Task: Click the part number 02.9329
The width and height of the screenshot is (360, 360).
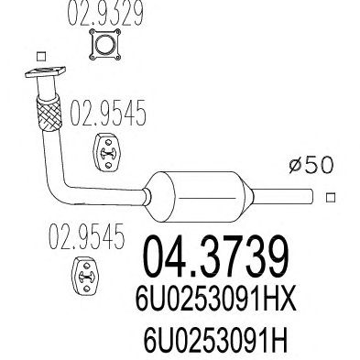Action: (105, 13)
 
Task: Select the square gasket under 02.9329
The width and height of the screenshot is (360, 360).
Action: (105, 45)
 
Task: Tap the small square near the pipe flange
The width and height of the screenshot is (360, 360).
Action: (41, 57)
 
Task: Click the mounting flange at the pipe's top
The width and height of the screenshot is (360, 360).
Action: (45, 72)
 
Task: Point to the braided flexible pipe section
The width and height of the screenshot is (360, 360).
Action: (49, 113)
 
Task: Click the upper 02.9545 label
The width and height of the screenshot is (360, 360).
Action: (108, 113)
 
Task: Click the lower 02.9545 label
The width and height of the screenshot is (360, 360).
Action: (87, 235)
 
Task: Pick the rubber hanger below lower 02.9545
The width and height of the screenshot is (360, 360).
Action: (86, 276)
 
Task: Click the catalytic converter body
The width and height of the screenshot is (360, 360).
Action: (199, 197)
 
